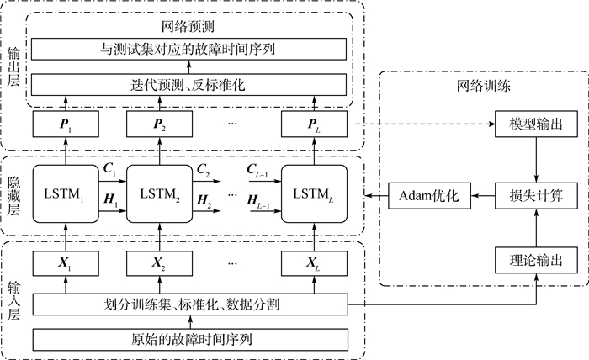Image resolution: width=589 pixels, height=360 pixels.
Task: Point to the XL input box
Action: pyautogui.click(x=314, y=264)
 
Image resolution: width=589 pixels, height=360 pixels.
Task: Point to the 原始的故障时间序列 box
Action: pyautogui.click(x=189, y=339)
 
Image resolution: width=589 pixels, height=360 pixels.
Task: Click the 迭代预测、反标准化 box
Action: pyautogui.click(x=189, y=84)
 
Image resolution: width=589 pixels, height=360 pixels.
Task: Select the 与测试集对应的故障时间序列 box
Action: pyautogui.click(x=189, y=49)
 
